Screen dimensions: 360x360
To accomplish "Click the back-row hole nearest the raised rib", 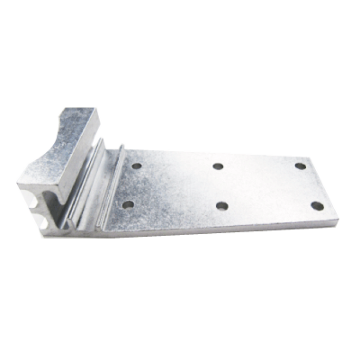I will [136, 166].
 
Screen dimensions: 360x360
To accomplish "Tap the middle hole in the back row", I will [218, 166].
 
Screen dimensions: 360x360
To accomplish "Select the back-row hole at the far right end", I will [300, 166].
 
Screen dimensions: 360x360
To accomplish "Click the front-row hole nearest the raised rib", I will [128, 204].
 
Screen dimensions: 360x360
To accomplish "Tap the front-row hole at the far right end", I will [317, 206].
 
